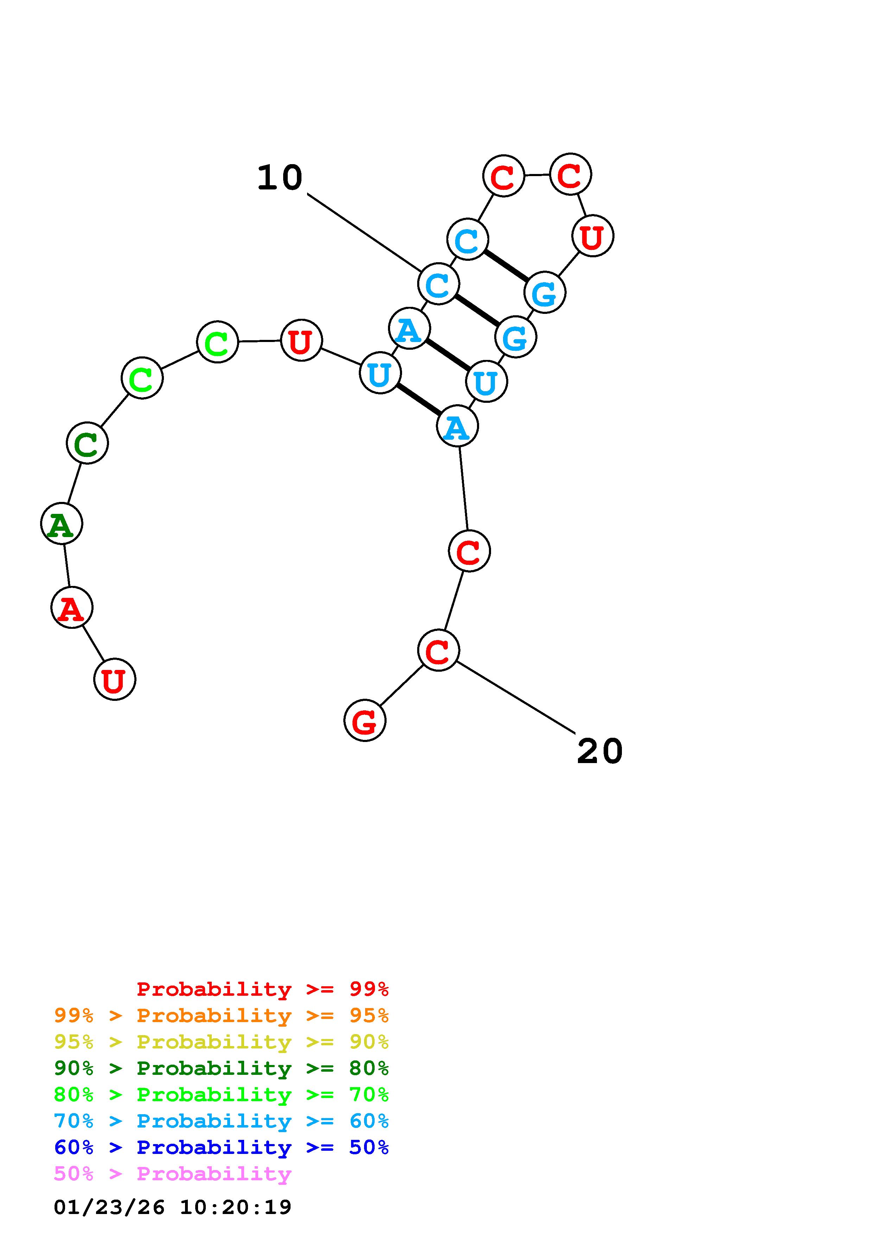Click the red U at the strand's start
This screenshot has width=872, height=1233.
(x=114, y=679)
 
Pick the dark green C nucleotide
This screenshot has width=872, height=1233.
(x=87, y=443)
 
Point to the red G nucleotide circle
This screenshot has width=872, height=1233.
(x=365, y=721)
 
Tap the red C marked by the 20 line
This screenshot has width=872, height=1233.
(x=438, y=650)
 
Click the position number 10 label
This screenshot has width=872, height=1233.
(x=279, y=178)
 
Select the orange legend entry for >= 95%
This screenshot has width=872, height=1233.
(x=221, y=1015)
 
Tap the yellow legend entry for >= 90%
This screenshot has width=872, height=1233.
(x=221, y=1042)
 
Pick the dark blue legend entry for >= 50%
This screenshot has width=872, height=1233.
(x=221, y=1147)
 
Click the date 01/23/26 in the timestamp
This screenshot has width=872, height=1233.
(x=109, y=1207)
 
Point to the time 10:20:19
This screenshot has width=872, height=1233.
(x=235, y=1207)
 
